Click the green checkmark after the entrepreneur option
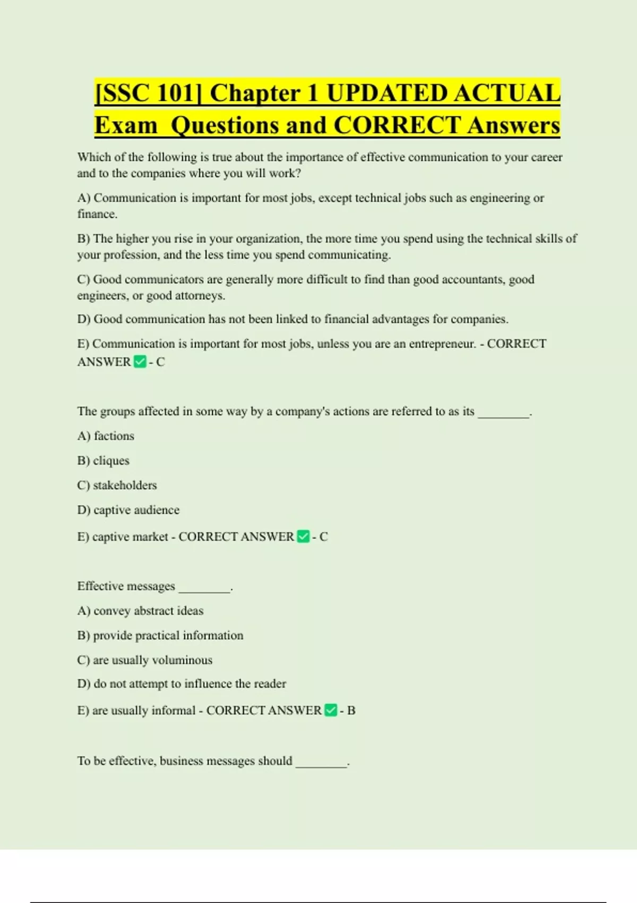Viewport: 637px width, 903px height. tap(140, 362)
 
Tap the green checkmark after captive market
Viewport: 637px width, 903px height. tap(303, 536)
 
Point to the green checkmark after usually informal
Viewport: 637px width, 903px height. tap(331, 710)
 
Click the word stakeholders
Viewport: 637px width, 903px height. tap(125, 485)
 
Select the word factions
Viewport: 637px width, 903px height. tap(114, 436)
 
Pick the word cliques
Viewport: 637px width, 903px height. tap(111, 461)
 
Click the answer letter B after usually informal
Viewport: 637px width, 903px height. tap(351, 710)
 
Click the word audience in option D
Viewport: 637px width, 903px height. tap(158, 510)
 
